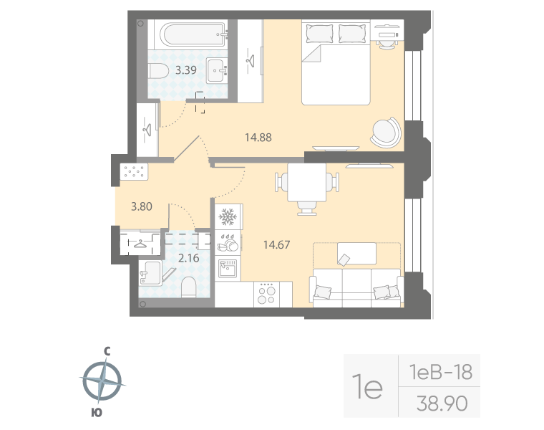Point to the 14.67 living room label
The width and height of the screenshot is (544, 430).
[277, 244]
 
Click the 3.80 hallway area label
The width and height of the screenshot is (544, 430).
[142, 207]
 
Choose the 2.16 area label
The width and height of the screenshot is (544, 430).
[188, 257]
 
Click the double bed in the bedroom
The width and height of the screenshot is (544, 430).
[336, 64]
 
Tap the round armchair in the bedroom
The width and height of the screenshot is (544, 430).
[386, 132]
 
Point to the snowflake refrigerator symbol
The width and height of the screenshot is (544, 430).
[228, 216]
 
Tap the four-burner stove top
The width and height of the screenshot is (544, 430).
[267, 293]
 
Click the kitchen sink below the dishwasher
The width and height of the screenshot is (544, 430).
[228, 269]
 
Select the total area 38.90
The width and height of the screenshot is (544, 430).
[442, 404]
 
